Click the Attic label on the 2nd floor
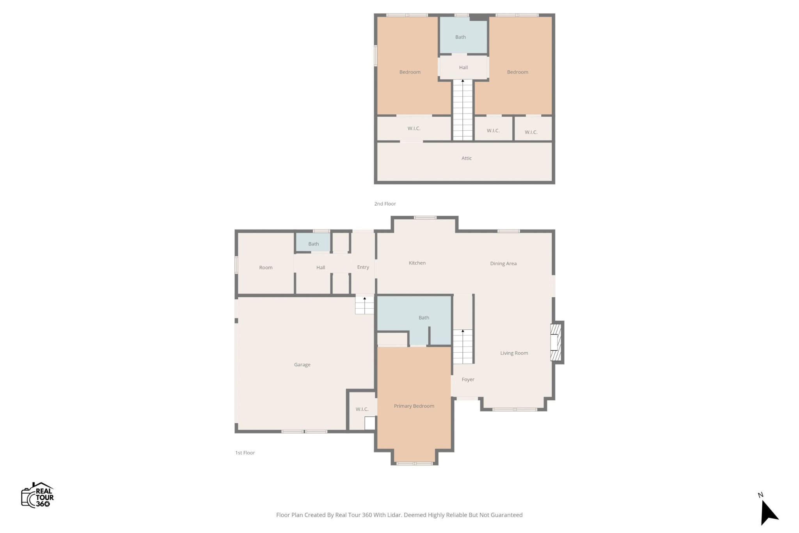tap(467, 158)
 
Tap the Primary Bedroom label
tap(414, 406)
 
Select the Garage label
tap(302, 364)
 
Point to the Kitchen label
tap(417, 263)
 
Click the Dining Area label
tap(503, 263)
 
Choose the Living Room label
tap(514, 353)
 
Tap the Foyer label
tap(468, 379)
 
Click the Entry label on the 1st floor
tap(363, 267)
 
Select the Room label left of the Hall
tap(266, 268)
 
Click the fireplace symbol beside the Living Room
tap(556, 342)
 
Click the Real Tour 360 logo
tap(37, 495)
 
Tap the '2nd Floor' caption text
tap(385, 204)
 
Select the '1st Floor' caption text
tap(245, 453)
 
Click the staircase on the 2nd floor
tap(463, 110)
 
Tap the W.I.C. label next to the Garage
tap(362, 409)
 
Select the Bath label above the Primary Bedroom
tap(424, 318)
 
